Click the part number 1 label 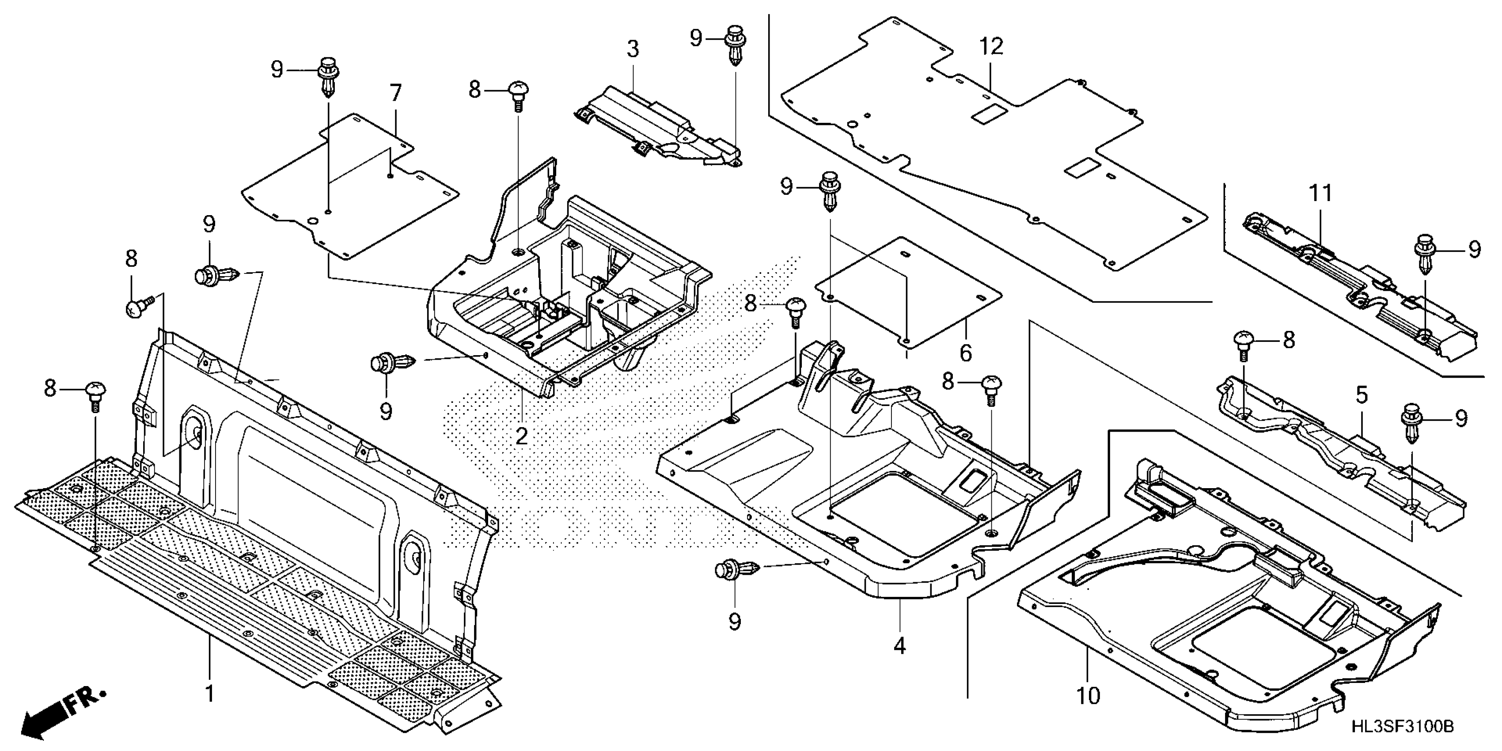tap(209, 694)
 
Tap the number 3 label tap(633, 49)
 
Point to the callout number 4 tap(900, 645)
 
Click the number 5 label tap(1361, 395)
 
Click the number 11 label tap(1321, 193)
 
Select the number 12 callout tap(991, 47)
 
